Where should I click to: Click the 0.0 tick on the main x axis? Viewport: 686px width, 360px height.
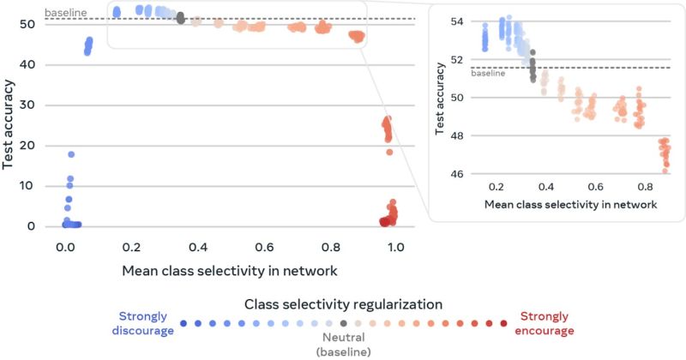click(65, 247)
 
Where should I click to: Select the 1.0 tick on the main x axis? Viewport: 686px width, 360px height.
click(395, 247)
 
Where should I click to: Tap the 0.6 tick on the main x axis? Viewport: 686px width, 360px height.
click(263, 247)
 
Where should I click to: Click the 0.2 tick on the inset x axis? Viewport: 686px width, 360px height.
click(496, 188)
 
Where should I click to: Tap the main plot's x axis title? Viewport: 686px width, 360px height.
click(231, 272)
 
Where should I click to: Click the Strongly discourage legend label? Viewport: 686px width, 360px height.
click(142, 323)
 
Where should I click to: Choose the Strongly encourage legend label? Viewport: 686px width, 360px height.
click(545, 323)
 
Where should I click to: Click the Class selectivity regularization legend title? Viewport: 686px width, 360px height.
click(343, 303)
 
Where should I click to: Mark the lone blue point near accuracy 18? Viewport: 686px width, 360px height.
click(71, 154)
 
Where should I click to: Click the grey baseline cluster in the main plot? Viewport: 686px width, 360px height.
click(181, 17)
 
